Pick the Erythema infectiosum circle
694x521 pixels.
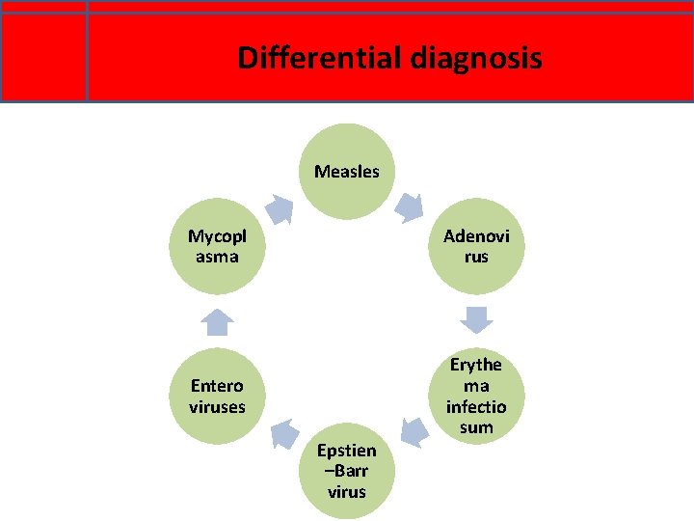click(476, 396)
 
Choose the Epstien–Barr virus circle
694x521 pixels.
click(347, 471)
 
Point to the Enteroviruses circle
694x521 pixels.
click(217, 396)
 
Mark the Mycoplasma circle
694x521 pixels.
click(217, 246)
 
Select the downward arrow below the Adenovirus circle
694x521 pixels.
click(476, 318)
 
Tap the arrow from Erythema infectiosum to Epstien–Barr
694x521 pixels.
click(414, 431)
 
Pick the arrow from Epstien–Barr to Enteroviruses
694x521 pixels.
click(282, 434)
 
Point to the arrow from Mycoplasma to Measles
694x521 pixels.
click(280, 208)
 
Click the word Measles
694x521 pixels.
click(347, 172)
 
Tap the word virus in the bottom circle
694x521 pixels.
click(347, 492)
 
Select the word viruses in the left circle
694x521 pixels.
click(217, 406)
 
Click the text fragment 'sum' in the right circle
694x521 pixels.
click(476, 427)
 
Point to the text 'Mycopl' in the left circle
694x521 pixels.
click(217, 236)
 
